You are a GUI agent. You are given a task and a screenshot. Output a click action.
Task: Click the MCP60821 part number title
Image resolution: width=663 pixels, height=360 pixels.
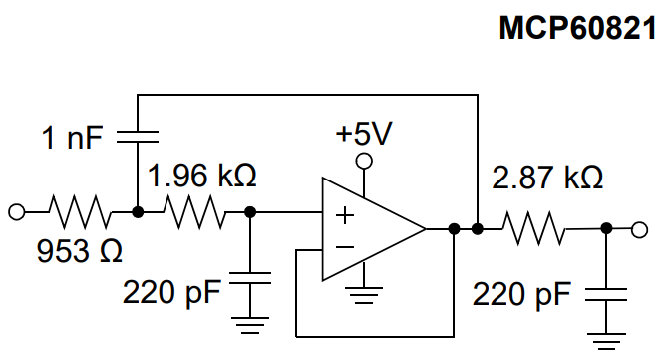tap(577, 28)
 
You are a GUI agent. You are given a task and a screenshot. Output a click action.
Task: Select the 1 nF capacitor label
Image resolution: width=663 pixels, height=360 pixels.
tap(71, 137)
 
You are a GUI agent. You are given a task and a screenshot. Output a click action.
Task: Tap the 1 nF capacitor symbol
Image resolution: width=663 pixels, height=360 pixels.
tap(138, 134)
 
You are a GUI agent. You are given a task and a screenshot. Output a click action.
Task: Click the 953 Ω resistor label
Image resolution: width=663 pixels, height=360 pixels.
tap(79, 250)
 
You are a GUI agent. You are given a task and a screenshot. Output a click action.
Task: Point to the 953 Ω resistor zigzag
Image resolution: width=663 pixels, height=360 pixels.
tap(78, 211)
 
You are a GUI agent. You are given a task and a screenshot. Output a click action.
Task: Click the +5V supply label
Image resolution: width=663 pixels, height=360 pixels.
tap(365, 133)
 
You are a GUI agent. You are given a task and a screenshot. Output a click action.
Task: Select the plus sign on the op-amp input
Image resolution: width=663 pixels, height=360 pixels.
tap(344, 214)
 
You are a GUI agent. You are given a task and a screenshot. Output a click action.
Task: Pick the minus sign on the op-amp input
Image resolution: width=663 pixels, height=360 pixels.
tap(344, 245)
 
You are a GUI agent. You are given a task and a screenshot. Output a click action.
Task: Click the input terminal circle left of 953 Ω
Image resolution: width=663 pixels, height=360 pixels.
tap(15, 211)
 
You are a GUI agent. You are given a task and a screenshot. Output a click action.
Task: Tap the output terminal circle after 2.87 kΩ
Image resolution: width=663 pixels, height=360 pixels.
tap(638, 229)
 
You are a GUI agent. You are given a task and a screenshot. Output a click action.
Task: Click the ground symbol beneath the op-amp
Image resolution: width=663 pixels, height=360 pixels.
tap(367, 294)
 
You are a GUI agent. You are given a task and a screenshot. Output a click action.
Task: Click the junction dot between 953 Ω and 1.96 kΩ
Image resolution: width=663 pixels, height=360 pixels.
tap(138, 211)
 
